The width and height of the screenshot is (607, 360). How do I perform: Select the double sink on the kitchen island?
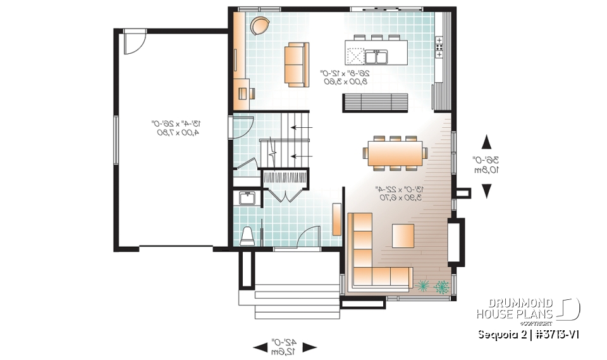pyautogui.click(x=376, y=57)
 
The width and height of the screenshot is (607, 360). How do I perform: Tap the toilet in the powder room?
pyautogui.click(x=247, y=235)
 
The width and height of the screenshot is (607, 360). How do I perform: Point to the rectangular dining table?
pyautogui.click(x=395, y=152)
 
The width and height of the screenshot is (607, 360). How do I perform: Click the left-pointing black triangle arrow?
pyautogui.click(x=260, y=347)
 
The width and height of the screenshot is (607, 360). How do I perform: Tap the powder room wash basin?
pyautogui.click(x=247, y=199)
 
